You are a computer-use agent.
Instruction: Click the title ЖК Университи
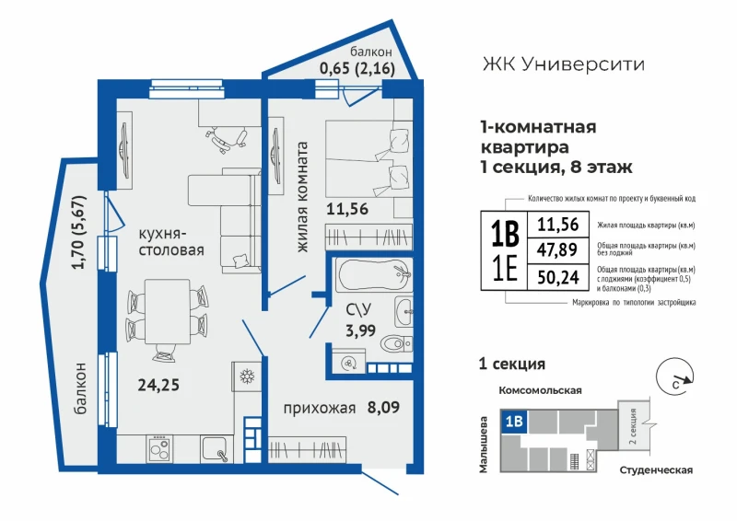[x=563, y=64]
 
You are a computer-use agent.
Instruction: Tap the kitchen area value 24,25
[x=158, y=386]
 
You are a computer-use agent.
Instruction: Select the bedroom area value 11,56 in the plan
[x=347, y=209]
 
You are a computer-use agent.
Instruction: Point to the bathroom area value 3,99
[x=360, y=330]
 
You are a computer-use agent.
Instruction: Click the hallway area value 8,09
[x=383, y=407]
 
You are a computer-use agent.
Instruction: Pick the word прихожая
[x=319, y=409]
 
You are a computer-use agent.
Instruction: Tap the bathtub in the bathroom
[x=374, y=275]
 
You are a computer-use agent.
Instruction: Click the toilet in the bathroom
[x=396, y=344]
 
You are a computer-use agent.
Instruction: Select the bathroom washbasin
[x=404, y=311]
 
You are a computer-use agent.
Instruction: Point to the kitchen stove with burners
[x=159, y=448]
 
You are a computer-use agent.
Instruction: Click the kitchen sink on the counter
[x=216, y=448]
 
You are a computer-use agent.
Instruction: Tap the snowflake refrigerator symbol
[x=247, y=376]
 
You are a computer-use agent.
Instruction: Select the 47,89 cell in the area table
[x=557, y=249]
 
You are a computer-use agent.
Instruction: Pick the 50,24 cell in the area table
[x=558, y=277]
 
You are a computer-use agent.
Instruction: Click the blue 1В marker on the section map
[x=515, y=421]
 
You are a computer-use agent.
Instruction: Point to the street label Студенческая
[x=656, y=470]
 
